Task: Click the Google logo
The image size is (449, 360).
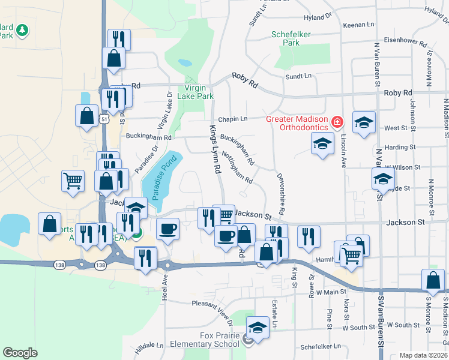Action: coord(20,353)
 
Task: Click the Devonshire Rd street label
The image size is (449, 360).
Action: coord(280,194)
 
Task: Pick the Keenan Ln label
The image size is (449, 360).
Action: coord(358,25)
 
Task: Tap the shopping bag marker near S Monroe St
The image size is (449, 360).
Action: coord(433,280)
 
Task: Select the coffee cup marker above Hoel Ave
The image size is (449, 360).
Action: coord(167,228)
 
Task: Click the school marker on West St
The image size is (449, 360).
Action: coord(363,122)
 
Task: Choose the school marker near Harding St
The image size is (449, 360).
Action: coord(322,143)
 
